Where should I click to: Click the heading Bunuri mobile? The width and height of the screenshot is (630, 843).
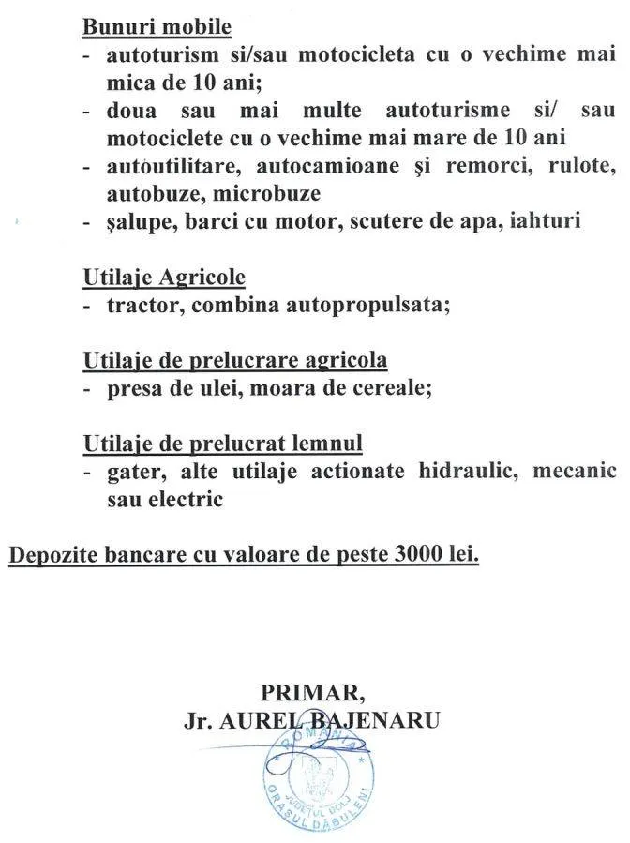(157, 28)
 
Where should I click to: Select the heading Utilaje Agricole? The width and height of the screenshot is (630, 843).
(164, 278)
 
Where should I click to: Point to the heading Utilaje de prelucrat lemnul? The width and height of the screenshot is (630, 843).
(223, 444)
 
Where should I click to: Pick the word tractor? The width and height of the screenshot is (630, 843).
(137, 306)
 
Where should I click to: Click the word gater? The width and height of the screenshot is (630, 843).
(131, 471)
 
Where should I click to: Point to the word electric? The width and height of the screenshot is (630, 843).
(185, 498)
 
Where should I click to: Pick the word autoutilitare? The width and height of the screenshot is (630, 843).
(170, 168)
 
